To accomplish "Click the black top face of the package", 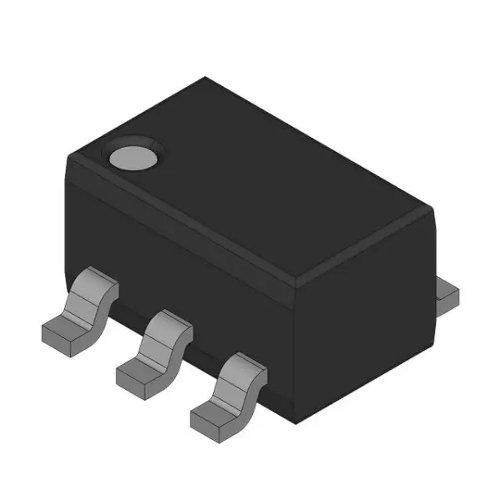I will point(250,184).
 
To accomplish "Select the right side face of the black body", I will point(367,317).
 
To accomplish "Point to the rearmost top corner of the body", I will point(205,78).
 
